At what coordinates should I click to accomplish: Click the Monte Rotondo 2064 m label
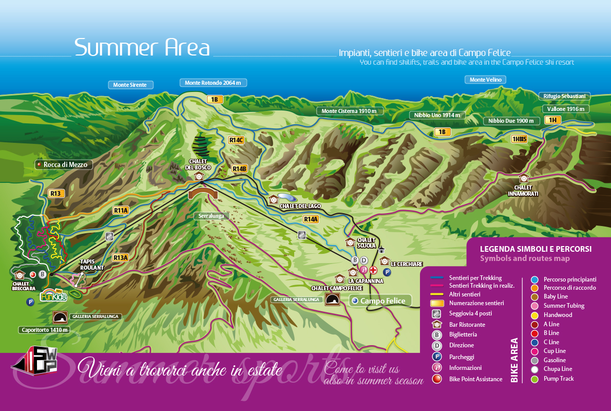tap(213, 83)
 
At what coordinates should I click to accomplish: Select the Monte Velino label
tap(485, 80)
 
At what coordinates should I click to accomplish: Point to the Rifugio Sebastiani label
tap(564, 96)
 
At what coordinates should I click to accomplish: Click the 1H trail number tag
tap(552, 120)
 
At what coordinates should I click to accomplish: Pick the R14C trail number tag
tap(236, 140)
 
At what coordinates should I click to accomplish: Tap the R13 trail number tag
tap(55, 194)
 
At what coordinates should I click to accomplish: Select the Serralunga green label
tap(212, 216)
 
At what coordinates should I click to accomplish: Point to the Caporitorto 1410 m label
tap(44, 330)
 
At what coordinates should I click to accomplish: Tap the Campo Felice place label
tap(383, 301)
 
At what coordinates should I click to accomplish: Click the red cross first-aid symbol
tap(373, 270)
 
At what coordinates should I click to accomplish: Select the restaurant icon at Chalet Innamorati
tap(523, 178)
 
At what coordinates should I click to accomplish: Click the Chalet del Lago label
tap(300, 206)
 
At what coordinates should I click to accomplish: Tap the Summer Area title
tap(142, 48)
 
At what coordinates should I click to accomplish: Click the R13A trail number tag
tap(120, 257)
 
